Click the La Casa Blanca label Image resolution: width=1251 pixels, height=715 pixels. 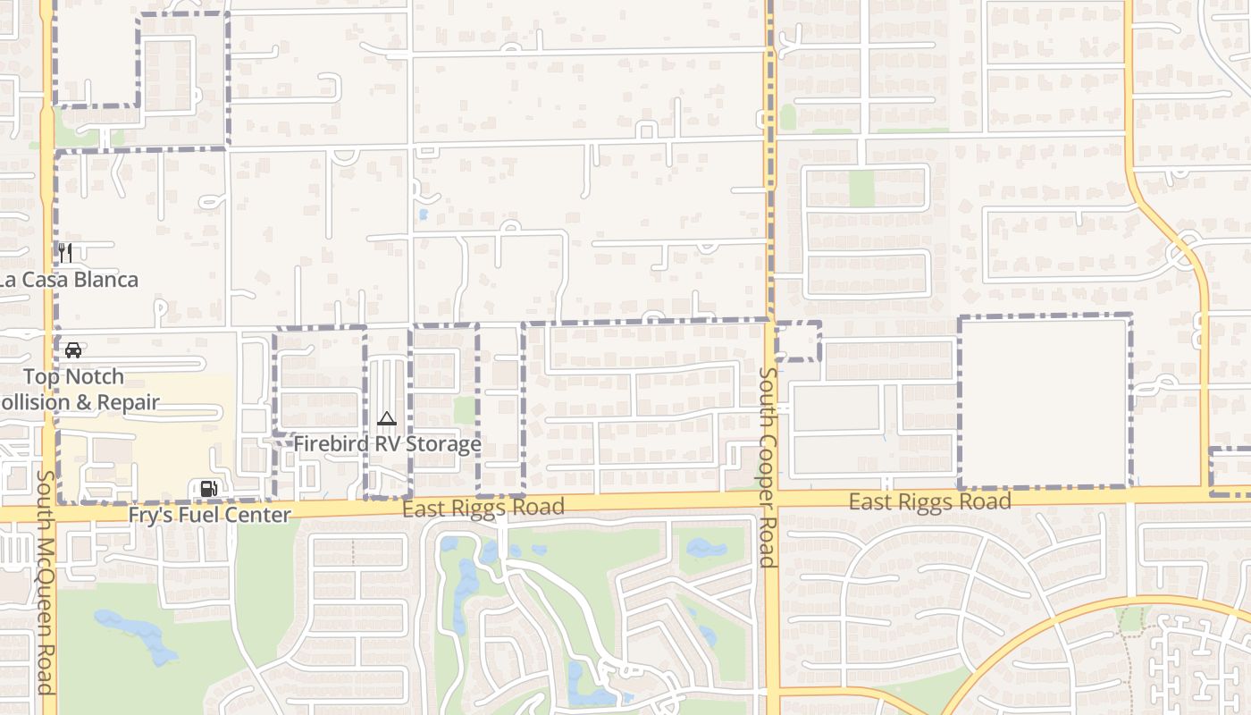(x=70, y=280)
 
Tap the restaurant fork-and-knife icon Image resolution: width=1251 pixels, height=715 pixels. (x=65, y=252)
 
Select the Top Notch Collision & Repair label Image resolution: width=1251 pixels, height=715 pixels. (x=75, y=390)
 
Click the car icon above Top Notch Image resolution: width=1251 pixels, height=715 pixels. (x=73, y=349)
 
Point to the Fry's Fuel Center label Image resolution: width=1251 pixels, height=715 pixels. (x=210, y=516)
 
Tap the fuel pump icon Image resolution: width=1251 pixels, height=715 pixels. (x=208, y=488)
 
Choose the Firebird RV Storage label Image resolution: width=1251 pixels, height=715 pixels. (x=388, y=444)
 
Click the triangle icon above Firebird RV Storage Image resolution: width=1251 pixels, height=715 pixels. (x=386, y=418)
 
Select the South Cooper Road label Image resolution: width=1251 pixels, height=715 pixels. (x=767, y=467)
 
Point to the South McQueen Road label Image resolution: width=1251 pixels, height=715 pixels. (x=46, y=583)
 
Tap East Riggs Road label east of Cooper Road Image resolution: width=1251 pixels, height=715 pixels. (x=929, y=502)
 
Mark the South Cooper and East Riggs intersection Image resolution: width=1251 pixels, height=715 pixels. (x=771, y=499)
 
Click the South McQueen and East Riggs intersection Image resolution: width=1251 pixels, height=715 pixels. (x=47, y=513)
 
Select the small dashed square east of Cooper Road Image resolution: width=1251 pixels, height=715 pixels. (x=798, y=341)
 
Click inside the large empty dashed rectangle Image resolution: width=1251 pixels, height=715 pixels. (x=1045, y=402)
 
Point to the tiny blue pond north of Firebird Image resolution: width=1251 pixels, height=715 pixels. (x=423, y=214)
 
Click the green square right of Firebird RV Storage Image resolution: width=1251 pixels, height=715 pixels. (x=465, y=410)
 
